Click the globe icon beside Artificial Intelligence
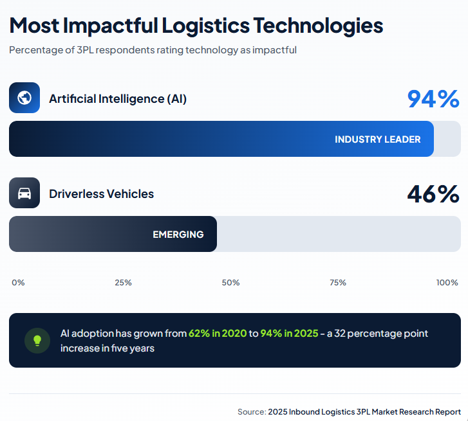(x=24, y=98)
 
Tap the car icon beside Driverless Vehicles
(x=24, y=193)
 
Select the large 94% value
(x=433, y=99)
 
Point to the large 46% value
(x=433, y=194)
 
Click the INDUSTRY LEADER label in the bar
(x=377, y=139)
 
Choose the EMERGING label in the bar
(x=178, y=235)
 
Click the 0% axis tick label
(x=18, y=283)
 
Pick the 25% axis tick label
(x=124, y=283)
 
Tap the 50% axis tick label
(x=230, y=283)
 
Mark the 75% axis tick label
(x=338, y=283)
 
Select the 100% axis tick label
(x=447, y=283)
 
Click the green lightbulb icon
(x=37, y=341)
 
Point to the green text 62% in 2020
(x=218, y=334)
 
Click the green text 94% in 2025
(x=289, y=334)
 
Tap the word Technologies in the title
(x=317, y=26)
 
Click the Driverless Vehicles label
(x=102, y=194)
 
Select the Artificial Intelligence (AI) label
(x=118, y=99)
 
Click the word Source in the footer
(x=251, y=411)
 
